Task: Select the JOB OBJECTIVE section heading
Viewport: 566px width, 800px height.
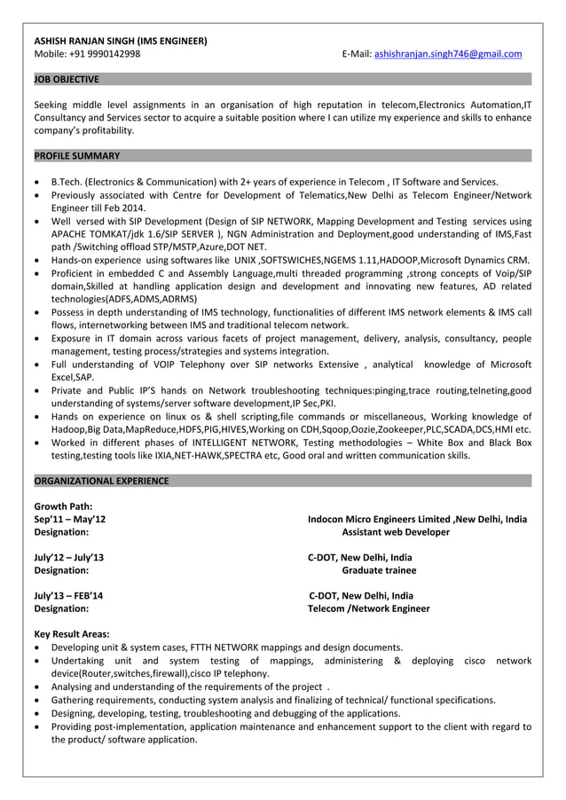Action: coord(67,79)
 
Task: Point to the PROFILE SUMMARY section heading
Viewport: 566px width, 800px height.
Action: coord(76,156)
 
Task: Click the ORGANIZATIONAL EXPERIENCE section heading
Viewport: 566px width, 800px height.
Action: coord(101,481)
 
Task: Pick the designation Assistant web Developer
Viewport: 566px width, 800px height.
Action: coord(396,532)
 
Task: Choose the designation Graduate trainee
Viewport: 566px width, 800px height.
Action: coord(379,570)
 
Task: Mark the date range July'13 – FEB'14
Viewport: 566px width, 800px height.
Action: coord(68,596)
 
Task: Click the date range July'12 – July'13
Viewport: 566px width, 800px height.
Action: coord(68,557)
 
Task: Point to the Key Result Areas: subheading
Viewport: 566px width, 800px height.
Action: coord(72,634)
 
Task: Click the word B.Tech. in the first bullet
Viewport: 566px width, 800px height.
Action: coord(67,182)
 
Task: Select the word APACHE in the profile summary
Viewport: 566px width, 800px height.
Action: coord(70,233)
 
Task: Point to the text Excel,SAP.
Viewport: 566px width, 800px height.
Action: coord(73,377)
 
